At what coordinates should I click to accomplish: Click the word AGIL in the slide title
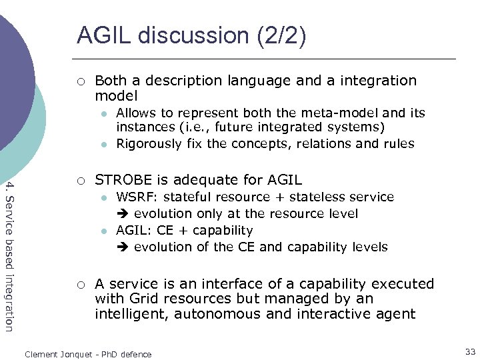pos(101,35)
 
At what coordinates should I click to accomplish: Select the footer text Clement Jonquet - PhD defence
pos(88,354)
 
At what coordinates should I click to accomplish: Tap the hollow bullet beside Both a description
pos(80,81)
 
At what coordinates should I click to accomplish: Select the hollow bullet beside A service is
pos(80,285)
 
